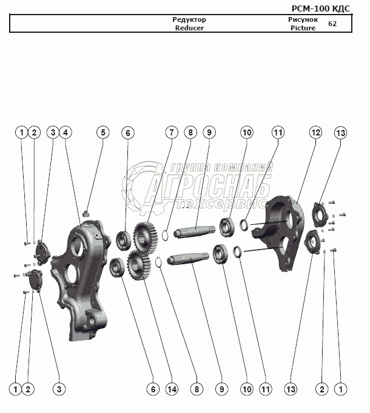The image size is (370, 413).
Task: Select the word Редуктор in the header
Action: point(189,20)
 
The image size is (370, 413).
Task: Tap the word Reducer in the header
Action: point(189,28)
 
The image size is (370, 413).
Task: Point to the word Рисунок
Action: point(303,20)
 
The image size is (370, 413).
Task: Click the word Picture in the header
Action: point(303,28)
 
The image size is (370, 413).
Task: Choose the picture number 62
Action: point(332,24)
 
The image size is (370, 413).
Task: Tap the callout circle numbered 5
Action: point(103,132)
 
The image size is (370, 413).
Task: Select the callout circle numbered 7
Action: point(172,132)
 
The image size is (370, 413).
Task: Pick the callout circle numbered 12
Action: point(315,132)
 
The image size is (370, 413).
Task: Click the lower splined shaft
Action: point(192,261)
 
